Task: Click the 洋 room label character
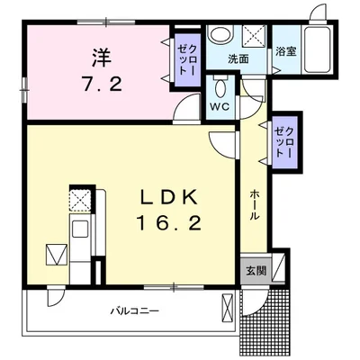tap(102, 58)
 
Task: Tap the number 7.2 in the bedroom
tap(103, 84)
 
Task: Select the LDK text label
tap(169, 197)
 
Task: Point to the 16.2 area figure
tap(168, 223)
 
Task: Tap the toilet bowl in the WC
tap(221, 88)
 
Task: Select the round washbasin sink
tap(221, 34)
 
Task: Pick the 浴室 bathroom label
tap(285, 51)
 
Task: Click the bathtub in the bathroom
tap(318, 49)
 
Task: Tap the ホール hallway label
tap(254, 204)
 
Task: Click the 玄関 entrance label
tap(256, 271)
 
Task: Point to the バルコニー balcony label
tap(135, 310)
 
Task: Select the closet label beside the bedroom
tap(187, 59)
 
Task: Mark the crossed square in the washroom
tap(255, 36)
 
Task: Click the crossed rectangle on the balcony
tap(227, 308)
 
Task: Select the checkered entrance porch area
tap(265, 321)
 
